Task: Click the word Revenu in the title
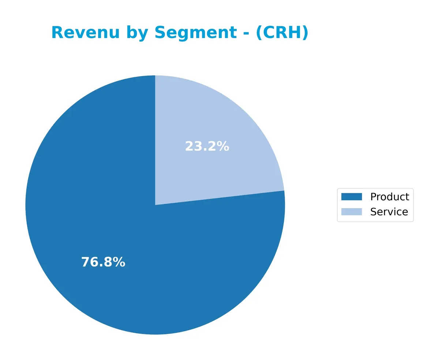pyautogui.click(x=85, y=33)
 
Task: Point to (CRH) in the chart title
pyautogui.click(x=282, y=33)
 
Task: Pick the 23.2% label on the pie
pyautogui.click(x=207, y=147)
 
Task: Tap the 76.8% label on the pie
pyautogui.click(x=103, y=262)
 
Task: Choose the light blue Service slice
pyautogui.click(x=219, y=121)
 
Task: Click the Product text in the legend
pyautogui.click(x=390, y=197)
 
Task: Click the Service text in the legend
pyautogui.click(x=389, y=212)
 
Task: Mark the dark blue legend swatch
pyautogui.click(x=351, y=197)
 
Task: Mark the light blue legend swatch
pyautogui.click(x=351, y=212)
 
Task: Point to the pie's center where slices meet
pyautogui.click(x=155, y=205)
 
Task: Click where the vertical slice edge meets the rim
pyautogui.click(x=155, y=76)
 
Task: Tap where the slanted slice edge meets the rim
pyautogui.click(x=284, y=190)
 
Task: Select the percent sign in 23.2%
pyautogui.click(x=222, y=147)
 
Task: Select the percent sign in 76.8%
pyautogui.click(x=119, y=262)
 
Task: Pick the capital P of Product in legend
pyautogui.click(x=373, y=197)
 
